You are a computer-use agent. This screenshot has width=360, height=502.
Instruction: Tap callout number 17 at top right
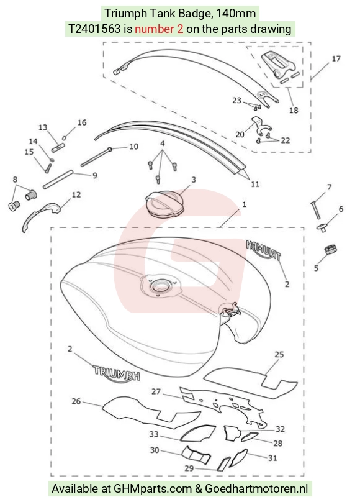[336, 58]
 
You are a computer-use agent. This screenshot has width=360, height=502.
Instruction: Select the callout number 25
[279, 354]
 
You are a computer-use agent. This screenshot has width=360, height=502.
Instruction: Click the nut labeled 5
[330, 249]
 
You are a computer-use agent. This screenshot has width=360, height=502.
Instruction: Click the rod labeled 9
[58, 180]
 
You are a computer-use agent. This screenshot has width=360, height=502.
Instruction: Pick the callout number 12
[76, 194]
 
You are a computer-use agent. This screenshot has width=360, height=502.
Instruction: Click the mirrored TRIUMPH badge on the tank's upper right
[264, 250]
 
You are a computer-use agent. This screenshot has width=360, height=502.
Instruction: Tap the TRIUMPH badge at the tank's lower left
[116, 373]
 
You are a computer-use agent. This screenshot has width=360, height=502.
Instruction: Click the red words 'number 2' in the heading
[159, 29]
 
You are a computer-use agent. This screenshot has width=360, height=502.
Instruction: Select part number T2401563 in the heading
[94, 29]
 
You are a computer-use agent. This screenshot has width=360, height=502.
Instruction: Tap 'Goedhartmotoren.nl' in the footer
[256, 489]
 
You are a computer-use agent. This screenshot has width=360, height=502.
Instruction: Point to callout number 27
[156, 391]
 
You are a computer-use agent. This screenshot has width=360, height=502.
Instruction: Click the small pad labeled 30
[196, 455]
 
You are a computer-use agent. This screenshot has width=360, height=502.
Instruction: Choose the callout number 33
[154, 434]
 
